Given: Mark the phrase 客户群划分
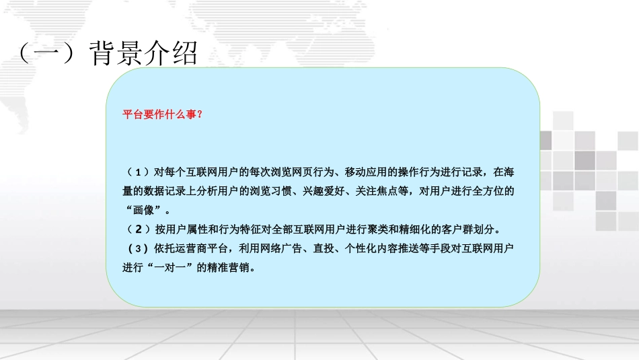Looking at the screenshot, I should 477,229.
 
